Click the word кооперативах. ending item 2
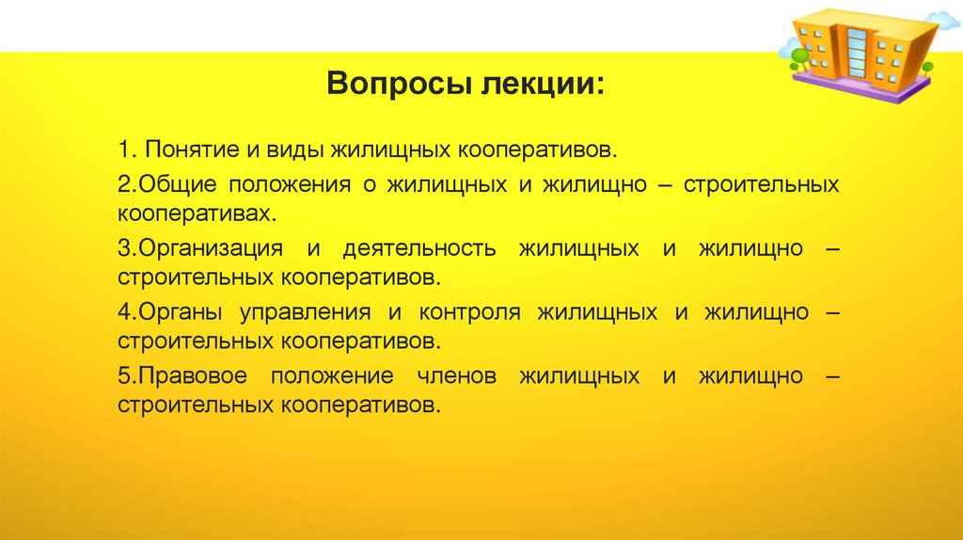[x=197, y=213]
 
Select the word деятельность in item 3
[x=419, y=249]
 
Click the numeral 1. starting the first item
[x=127, y=151]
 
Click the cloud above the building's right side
[x=943, y=19]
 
